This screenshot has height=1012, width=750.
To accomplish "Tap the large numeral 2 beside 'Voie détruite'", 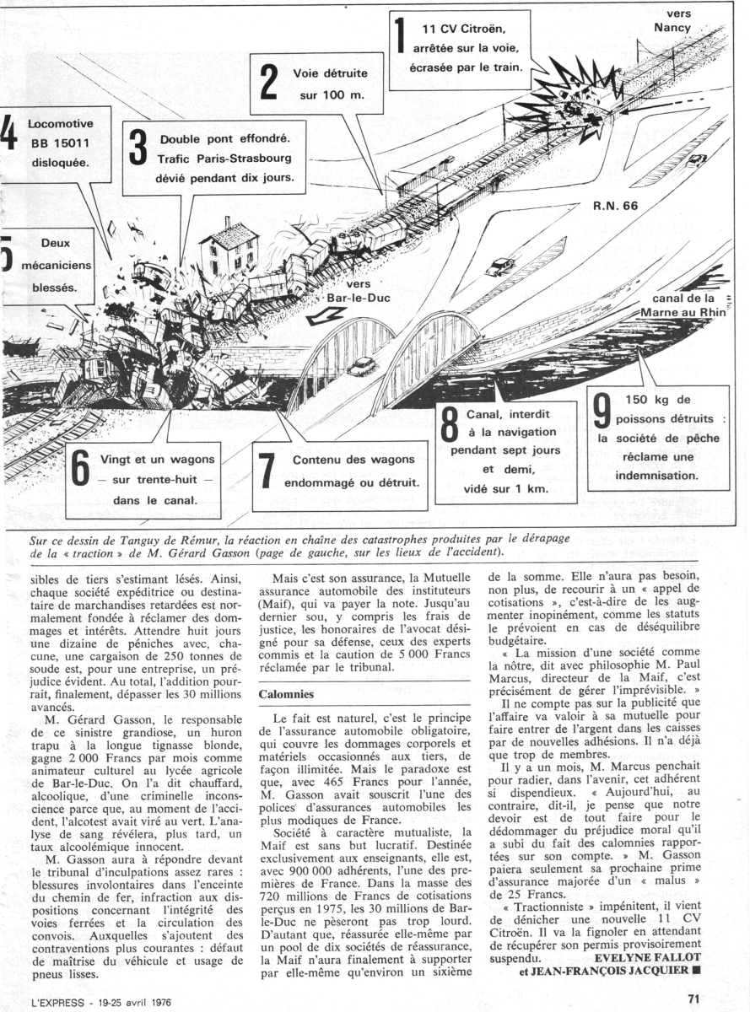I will (268, 82).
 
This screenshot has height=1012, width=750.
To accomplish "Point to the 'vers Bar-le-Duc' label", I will (353, 292).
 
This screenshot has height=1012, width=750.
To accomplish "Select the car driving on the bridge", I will (361, 365).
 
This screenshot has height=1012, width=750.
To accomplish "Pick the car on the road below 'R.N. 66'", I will (499, 266).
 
